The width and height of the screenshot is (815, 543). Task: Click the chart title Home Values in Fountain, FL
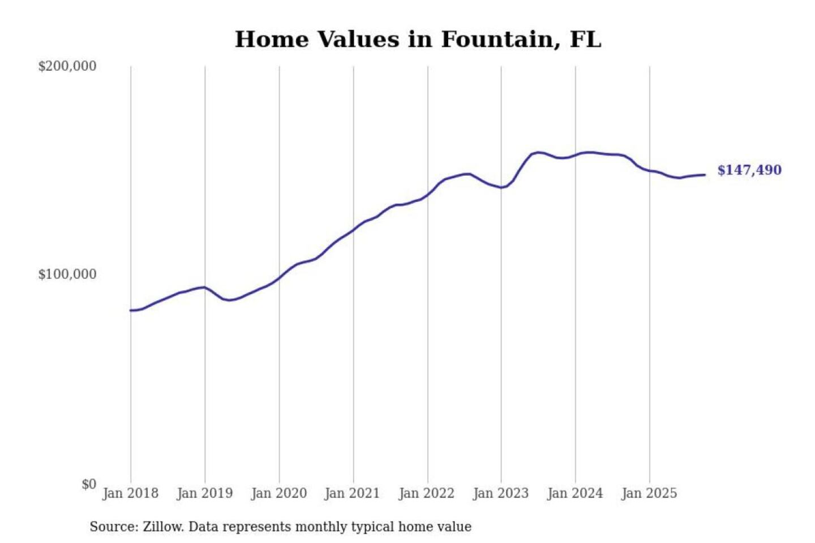click(418, 40)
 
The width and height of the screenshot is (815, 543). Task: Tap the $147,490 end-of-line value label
click(749, 170)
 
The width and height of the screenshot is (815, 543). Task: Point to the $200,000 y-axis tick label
click(67, 66)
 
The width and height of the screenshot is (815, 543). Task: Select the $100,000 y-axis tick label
click(67, 274)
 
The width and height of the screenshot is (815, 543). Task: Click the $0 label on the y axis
click(89, 484)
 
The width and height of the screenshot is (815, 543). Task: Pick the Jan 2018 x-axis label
click(131, 493)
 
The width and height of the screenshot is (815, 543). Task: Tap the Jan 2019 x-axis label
click(205, 493)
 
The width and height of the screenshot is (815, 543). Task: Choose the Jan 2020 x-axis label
click(279, 493)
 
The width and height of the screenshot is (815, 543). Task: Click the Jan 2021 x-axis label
click(352, 493)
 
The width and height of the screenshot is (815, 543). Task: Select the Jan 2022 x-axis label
click(427, 493)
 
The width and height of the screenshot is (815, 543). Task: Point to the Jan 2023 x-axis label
click(501, 493)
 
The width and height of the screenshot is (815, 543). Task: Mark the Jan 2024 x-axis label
click(575, 493)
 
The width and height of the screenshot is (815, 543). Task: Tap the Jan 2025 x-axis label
click(649, 493)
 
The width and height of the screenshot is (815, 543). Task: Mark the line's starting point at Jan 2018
click(131, 311)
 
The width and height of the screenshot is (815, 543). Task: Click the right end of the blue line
click(705, 175)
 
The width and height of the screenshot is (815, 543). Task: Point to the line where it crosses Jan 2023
click(501, 187)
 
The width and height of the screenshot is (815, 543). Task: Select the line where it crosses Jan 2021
click(354, 230)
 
